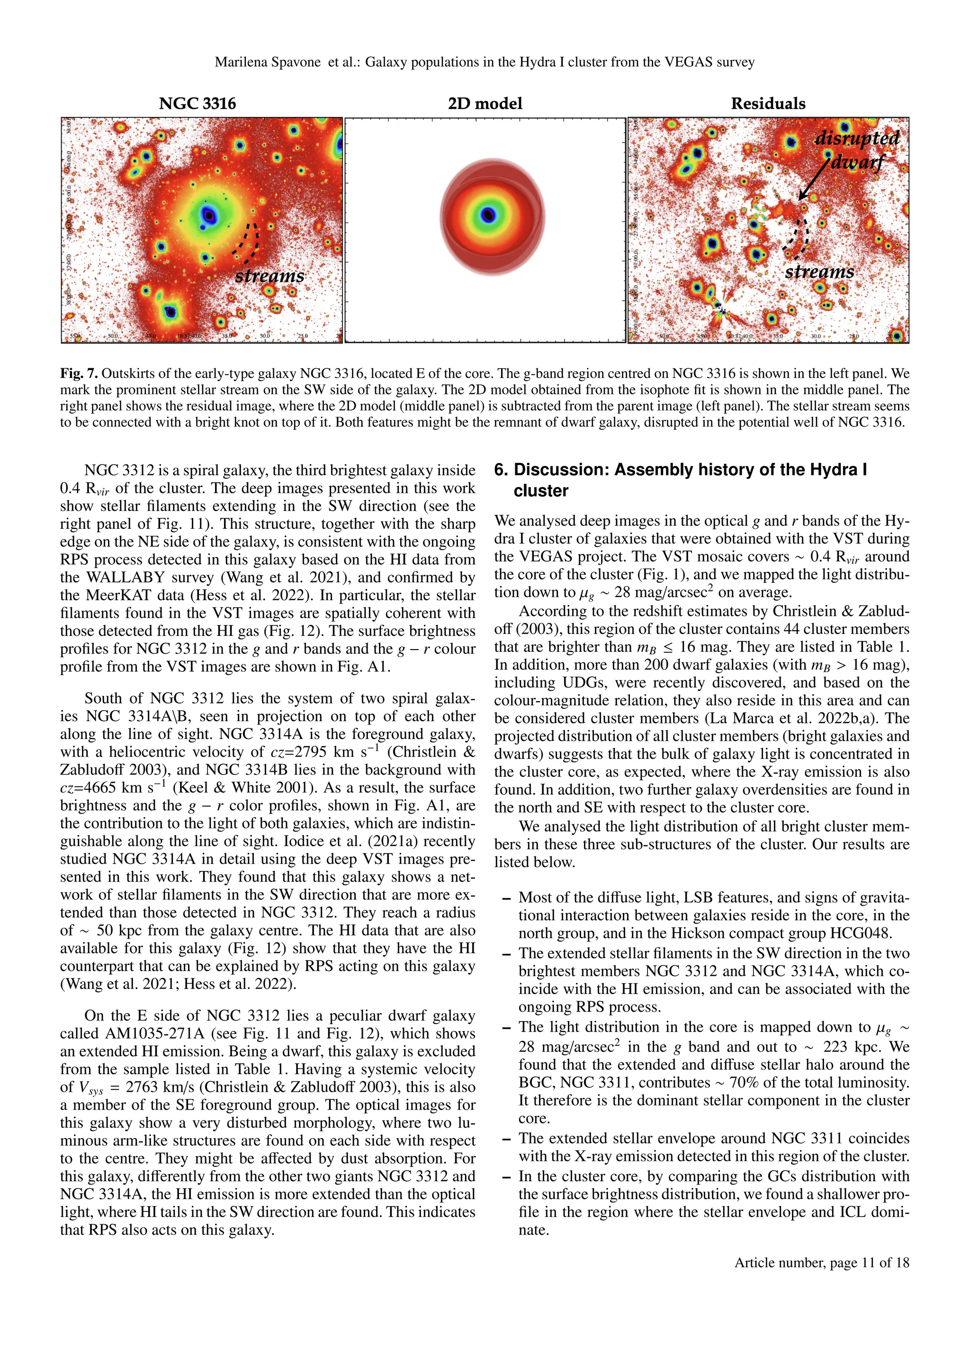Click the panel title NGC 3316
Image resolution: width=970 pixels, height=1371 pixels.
[197, 104]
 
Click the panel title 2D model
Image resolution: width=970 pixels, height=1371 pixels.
[485, 104]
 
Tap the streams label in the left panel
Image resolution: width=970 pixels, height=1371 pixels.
[269, 276]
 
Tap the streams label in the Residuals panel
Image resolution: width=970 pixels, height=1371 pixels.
[819, 272]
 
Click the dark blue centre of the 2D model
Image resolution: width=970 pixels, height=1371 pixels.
[488, 214]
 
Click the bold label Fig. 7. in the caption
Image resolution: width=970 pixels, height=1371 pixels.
[79, 374]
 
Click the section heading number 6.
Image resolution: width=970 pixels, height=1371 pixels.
[501, 470]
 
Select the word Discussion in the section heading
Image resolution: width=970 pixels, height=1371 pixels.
[561, 470]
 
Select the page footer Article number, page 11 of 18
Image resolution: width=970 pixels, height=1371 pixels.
[821, 1262]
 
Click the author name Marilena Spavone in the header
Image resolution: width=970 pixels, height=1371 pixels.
[268, 62]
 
